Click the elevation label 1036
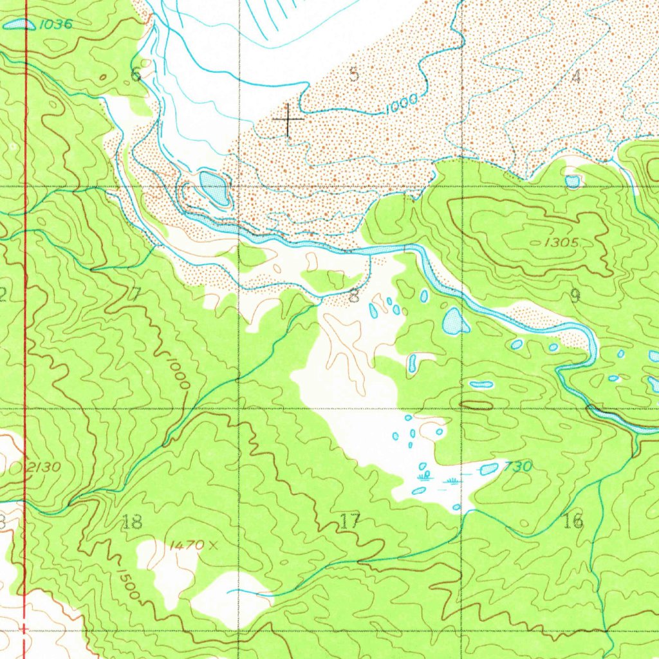click(55, 24)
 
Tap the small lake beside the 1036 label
click(19, 24)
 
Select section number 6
click(136, 74)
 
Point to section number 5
click(353, 74)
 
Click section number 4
click(576, 77)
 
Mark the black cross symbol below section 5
click(288, 120)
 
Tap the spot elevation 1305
click(561, 243)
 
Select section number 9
click(575, 295)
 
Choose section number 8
click(353, 297)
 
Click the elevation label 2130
click(44, 467)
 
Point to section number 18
click(132, 522)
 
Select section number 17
click(350, 521)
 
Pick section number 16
click(573, 521)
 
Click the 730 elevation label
click(518, 467)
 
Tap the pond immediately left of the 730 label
click(489, 469)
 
